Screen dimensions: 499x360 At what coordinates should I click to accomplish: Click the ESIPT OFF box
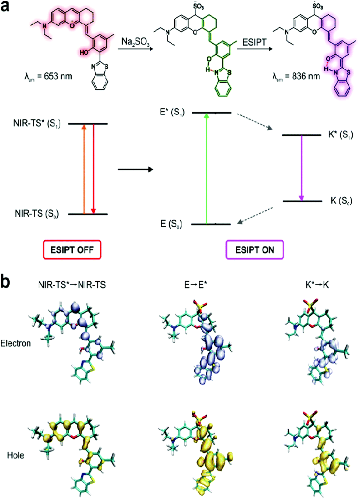click(x=72, y=250)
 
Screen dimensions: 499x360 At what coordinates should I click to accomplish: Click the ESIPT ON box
click(x=255, y=250)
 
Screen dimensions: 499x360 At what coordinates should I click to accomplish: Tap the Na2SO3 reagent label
click(x=135, y=42)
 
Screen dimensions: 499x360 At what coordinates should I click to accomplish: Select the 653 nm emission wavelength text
click(x=48, y=76)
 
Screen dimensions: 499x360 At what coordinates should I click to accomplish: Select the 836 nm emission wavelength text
click(x=296, y=76)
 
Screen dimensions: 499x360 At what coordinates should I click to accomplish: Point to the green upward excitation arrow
click(x=206, y=169)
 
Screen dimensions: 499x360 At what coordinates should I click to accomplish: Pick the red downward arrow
click(x=93, y=169)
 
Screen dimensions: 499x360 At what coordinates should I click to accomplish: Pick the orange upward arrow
click(x=84, y=169)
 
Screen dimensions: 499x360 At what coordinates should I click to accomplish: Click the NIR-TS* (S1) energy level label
click(x=37, y=124)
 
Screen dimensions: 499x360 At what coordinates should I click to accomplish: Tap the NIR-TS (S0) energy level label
click(x=37, y=214)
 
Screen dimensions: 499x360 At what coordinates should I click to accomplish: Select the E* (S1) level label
click(x=172, y=112)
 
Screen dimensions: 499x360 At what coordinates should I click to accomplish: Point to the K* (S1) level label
click(x=340, y=135)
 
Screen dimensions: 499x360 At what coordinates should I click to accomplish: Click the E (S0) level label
click(x=171, y=224)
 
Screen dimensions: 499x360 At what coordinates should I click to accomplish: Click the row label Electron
click(x=16, y=343)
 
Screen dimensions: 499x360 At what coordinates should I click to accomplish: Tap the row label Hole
click(x=16, y=455)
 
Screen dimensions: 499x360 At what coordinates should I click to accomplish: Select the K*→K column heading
click(x=317, y=285)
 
